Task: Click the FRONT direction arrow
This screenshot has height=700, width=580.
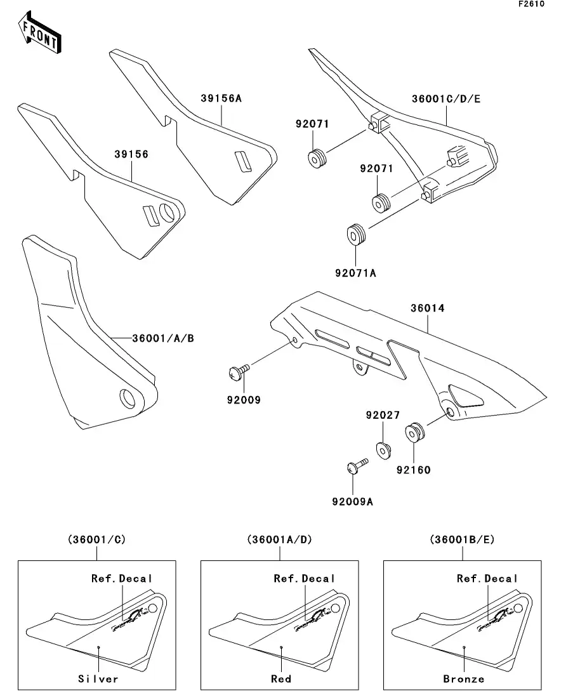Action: tap(40, 34)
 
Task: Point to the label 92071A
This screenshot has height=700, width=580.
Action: tap(355, 273)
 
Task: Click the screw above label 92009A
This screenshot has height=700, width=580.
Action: tap(356, 467)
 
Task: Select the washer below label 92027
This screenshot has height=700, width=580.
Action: tap(383, 449)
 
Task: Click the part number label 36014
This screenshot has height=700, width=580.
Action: tap(428, 308)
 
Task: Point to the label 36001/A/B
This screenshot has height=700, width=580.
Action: tap(163, 338)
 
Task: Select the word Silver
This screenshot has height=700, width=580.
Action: tap(98, 678)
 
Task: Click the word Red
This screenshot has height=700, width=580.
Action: tap(281, 678)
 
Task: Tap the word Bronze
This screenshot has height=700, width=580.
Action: tap(464, 678)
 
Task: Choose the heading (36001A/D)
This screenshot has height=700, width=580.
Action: tap(280, 539)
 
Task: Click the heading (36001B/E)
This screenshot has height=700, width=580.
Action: tap(463, 539)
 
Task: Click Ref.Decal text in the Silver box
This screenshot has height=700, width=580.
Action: tap(122, 578)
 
